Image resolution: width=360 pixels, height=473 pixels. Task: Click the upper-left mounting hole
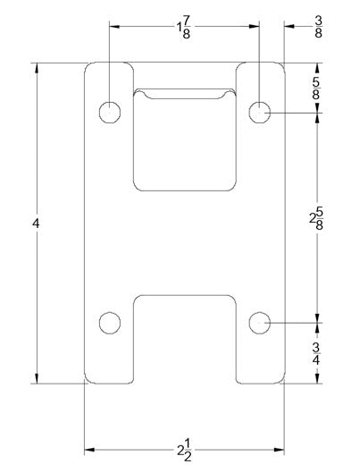pyautogui.click(x=109, y=112)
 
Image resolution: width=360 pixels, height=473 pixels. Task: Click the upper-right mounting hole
pyautogui.click(x=259, y=112)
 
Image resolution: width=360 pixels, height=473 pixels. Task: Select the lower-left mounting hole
pyautogui.click(x=109, y=322)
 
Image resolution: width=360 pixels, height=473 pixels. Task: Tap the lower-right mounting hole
pyautogui.click(x=259, y=322)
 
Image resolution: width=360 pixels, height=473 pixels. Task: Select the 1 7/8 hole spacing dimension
pyautogui.click(x=184, y=26)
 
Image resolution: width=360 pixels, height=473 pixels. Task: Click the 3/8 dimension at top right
pyautogui.click(x=319, y=26)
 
